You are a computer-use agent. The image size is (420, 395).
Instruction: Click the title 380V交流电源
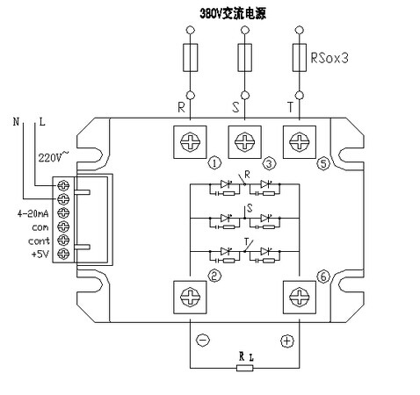pos(233,13)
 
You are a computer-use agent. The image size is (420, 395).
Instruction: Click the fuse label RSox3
pos(329,58)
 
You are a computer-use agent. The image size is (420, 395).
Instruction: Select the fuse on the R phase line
pos(191,58)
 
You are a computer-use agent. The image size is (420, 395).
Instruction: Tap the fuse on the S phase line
pos(245,58)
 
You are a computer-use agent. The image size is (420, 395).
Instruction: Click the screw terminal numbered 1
pos(190,142)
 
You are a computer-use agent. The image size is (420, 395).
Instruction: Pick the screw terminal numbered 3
pos(244,142)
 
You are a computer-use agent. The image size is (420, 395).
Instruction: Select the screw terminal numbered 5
pos(300,142)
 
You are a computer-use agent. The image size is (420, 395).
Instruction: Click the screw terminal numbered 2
pos(190,297)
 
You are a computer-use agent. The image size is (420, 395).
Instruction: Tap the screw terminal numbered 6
pos(300,297)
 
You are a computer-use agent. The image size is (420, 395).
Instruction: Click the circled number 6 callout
pos(323,276)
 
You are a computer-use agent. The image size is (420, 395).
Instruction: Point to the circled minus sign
pos(203,341)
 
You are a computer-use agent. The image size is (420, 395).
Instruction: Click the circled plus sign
pos(287,341)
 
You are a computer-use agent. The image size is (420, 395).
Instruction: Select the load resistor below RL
pos(245,368)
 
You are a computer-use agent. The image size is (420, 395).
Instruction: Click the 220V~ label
pos(54,157)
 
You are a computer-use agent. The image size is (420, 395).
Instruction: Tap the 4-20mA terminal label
pos(33,214)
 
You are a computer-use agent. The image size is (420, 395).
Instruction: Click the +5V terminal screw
pos(63,254)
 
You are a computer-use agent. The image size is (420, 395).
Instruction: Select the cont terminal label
pos(39,241)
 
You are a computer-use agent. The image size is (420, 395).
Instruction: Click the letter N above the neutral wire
pos(16,121)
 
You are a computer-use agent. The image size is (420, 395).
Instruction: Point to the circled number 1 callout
pos(214,163)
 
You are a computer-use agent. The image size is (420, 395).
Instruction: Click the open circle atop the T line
pos(299,30)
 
